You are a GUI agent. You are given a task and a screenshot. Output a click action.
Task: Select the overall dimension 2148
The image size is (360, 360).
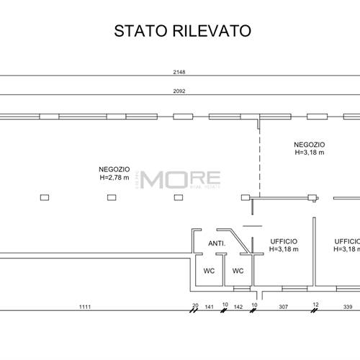[179, 72]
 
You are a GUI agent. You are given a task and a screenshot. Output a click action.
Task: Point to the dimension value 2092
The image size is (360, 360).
[179, 91]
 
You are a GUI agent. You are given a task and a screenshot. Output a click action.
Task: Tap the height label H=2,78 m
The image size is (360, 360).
[114, 177]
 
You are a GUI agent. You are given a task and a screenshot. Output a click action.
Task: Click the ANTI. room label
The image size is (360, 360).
[217, 243]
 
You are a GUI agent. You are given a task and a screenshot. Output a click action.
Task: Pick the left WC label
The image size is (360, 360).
[208, 271]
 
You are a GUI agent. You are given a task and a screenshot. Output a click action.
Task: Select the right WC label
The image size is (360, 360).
[238, 271]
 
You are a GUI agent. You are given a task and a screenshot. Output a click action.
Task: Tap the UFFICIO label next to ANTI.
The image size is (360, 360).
[283, 241]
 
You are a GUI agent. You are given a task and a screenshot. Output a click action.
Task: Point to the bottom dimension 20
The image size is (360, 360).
[195, 305]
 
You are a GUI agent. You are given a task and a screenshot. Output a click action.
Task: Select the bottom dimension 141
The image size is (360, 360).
[210, 307]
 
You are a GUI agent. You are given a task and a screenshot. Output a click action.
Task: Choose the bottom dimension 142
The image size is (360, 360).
[240, 307]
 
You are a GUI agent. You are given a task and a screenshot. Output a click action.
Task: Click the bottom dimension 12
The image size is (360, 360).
[315, 305]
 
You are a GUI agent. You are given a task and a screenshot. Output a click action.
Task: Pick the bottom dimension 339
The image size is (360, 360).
[347, 307]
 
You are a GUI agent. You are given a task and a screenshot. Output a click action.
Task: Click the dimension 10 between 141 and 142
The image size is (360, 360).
[225, 305]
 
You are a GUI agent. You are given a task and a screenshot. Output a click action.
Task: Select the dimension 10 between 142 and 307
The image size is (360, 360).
[253, 305]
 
